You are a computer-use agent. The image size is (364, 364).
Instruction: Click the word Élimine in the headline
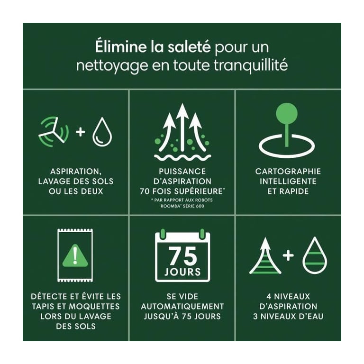tap(121, 46)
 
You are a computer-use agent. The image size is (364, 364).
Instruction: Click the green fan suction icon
tap(54, 132)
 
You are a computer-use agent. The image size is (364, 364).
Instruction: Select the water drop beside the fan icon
tap(102, 132)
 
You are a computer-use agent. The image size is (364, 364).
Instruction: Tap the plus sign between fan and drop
tap(81, 132)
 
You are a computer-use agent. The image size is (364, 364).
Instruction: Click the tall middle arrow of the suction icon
tap(182, 127)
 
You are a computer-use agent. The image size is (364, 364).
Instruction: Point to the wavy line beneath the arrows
tap(182, 158)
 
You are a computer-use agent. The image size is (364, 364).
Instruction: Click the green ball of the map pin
tap(287, 113)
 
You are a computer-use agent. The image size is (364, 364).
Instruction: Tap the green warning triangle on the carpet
tap(75, 256)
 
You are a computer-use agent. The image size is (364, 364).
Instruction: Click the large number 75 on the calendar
tap(182, 256)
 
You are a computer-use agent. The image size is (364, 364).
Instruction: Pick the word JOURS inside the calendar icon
tap(182, 272)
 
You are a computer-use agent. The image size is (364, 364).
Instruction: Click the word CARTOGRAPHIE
tap(288, 172)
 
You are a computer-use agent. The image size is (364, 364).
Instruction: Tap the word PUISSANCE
tap(182, 172)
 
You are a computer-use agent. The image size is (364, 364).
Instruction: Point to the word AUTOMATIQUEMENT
tap(182, 307)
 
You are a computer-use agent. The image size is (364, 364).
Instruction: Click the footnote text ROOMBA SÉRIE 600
tap(182, 206)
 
